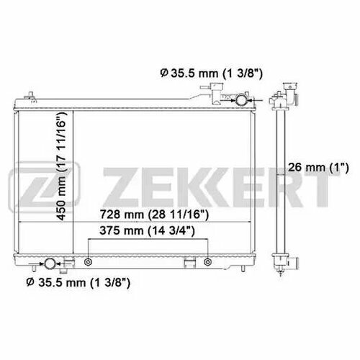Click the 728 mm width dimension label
[154, 215]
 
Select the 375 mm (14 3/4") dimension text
[147, 230]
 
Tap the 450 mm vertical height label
[61, 166]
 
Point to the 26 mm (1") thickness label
[318, 167]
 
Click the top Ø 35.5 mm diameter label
[211, 73]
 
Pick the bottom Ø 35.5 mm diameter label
[78, 282]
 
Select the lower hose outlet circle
[50, 264]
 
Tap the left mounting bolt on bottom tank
[88, 262]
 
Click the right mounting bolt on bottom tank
[207, 262]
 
